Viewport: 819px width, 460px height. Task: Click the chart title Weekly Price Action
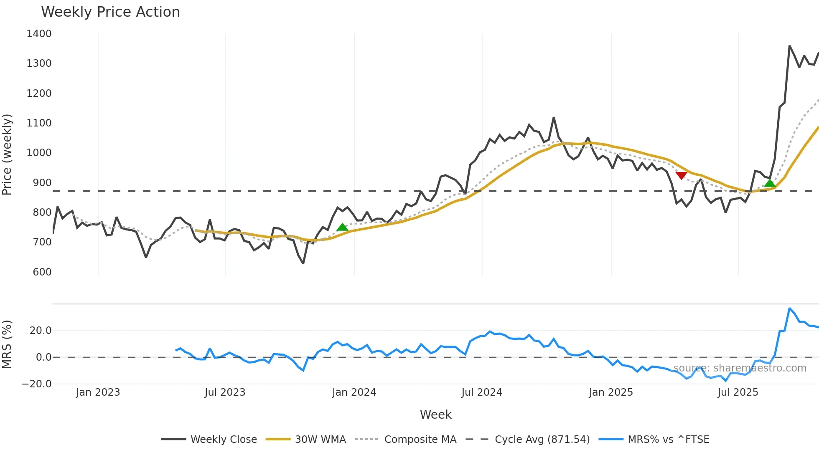[x=110, y=12]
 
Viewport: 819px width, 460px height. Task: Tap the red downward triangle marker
[x=682, y=175]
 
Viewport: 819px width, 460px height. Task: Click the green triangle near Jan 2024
[x=342, y=227]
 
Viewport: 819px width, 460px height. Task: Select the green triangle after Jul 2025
[x=770, y=183]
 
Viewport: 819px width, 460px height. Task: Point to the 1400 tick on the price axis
[x=39, y=34]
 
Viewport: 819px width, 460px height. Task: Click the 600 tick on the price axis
[x=42, y=272]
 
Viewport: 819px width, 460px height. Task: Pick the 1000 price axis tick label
[x=39, y=153]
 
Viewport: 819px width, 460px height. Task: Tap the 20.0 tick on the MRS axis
[x=41, y=331]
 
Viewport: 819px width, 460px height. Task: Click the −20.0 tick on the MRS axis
[x=37, y=384]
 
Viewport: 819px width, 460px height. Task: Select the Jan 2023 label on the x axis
[x=98, y=392]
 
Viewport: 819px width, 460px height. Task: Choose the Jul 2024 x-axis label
[x=482, y=392]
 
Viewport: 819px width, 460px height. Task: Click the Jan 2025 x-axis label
[x=611, y=392]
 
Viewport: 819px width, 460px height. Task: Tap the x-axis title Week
[x=435, y=415]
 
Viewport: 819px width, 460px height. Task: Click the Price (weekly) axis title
[x=7, y=154]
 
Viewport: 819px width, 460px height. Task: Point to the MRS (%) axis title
[x=7, y=344]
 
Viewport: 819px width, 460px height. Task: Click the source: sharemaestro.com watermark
[x=740, y=368]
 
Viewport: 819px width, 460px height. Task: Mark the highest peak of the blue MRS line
[x=789, y=308]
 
